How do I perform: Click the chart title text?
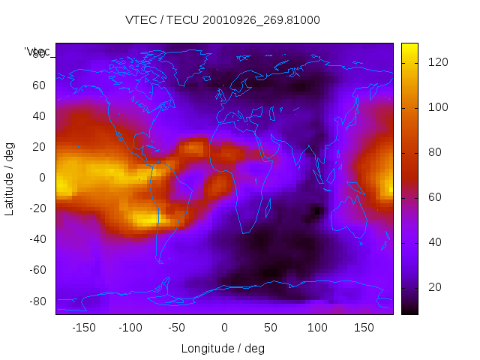click(222, 20)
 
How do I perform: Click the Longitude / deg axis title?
click(223, 348)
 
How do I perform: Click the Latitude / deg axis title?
click(10, 178)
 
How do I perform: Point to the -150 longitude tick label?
click(84, 328)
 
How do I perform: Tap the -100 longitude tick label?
click(130, 328)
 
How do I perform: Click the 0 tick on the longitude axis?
click(224, 328)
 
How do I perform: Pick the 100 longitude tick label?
click(317, 328)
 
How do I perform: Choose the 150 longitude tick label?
click(364, 328)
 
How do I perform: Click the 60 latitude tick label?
click(38, 85)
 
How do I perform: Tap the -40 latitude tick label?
click(36, 239)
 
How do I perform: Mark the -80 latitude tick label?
click(36, 301)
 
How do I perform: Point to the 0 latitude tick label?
click(43, 178)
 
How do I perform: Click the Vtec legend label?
click(37, 51)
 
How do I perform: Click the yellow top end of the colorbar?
click(409, 48)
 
